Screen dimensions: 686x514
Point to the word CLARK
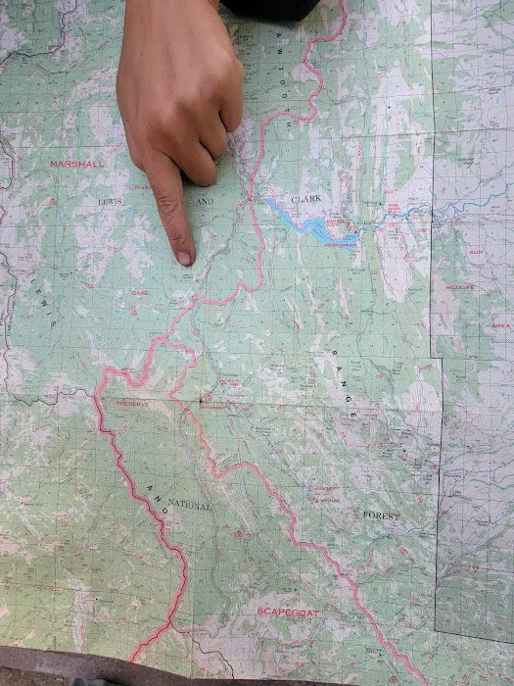point(305,199)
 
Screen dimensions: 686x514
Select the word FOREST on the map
point(381,514)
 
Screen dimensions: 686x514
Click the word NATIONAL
point(189,506)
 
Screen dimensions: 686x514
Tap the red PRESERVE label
point(132,403)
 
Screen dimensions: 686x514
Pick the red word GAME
point(140,292)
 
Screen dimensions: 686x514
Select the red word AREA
point(500,325)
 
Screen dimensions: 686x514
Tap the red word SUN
point(476,252)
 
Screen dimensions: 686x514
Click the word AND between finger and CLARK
point(204,202)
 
